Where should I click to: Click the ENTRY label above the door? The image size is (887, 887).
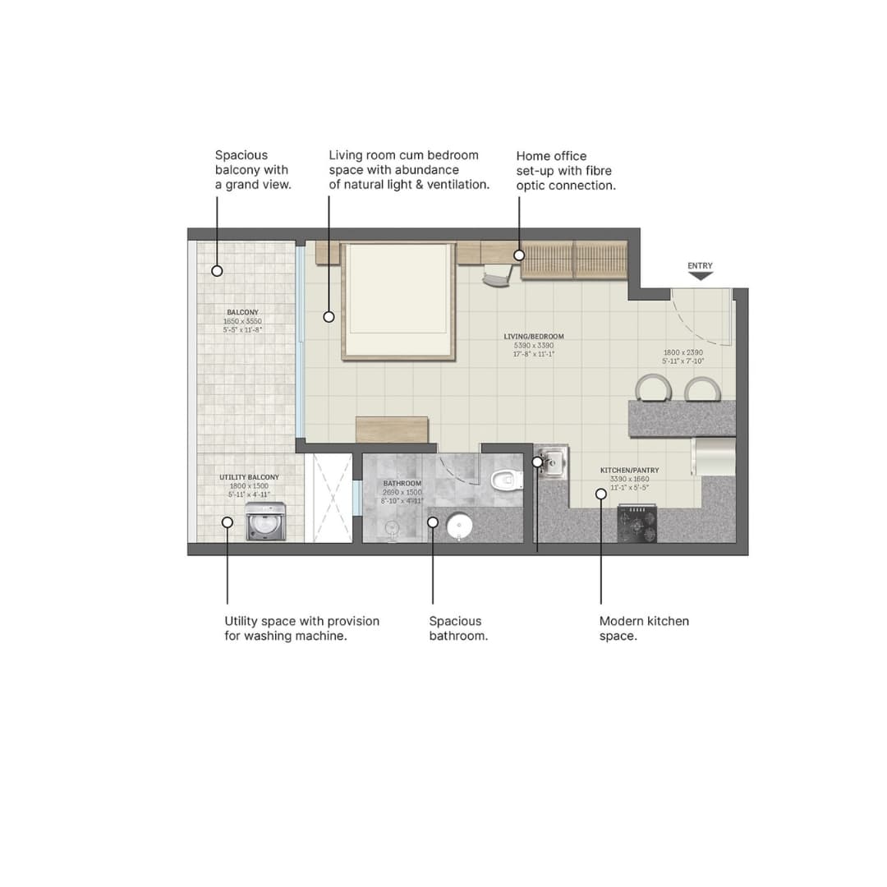(700, 265)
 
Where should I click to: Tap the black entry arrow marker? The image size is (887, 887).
(700, 276)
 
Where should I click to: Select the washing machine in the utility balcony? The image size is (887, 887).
(265, 522)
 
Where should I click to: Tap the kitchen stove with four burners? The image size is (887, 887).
(637, 524)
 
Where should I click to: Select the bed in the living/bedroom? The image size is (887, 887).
(398, 300)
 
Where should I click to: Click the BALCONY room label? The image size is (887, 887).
(242, 313)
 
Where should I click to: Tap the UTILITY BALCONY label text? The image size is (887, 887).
(249, 477)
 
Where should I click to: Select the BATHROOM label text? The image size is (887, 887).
(402, 484)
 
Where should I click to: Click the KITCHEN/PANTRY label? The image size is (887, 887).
(629, 471)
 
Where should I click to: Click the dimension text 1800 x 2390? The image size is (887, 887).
(683, 352)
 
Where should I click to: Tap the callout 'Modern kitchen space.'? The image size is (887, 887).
(644, 628)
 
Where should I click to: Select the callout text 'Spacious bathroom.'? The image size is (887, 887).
(458, 628)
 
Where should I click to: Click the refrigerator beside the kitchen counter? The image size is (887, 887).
(714, 456)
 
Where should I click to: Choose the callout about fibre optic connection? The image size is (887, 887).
(565, 171)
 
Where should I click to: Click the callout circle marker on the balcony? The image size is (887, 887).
(218, 270)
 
